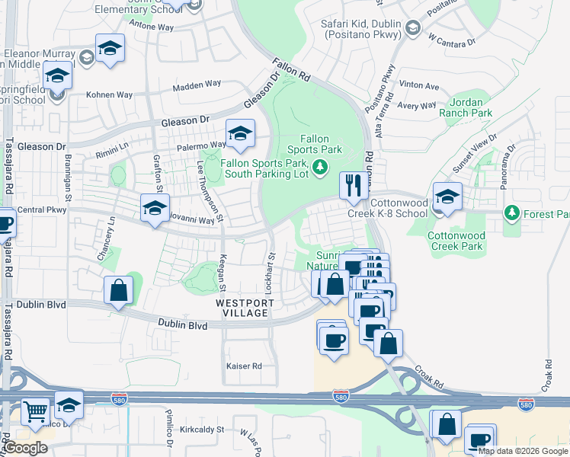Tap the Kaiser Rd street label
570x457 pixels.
tap(244, 366)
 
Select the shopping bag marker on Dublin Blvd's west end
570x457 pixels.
tap(118, 290)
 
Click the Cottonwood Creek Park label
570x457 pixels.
tap(455, 241)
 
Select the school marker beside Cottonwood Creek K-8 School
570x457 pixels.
tap(447, 196)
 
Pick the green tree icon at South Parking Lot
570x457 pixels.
tap(321, 166)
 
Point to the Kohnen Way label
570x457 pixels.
tap(109, 95)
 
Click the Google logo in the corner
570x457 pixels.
tap(25, 448)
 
